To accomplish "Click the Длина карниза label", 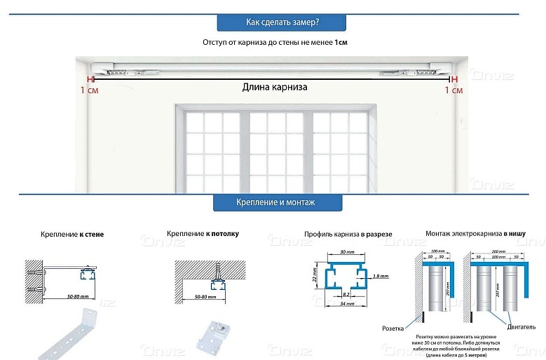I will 275,88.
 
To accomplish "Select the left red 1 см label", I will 89,90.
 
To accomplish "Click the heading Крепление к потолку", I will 203,233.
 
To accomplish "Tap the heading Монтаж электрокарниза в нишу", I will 475,233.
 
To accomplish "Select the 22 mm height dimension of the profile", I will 316,277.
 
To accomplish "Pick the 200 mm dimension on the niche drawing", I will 500,251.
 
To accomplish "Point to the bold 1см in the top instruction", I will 341,43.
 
